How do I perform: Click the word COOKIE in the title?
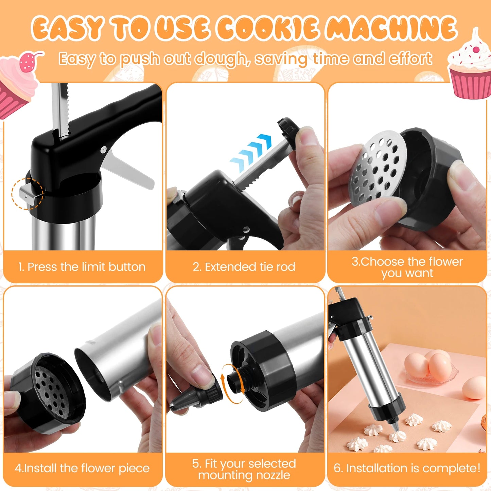click(268, 28)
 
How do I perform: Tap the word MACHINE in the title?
click(391, 28)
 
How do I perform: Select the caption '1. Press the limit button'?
click(82, 267)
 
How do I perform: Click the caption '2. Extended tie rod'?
click(244, 267)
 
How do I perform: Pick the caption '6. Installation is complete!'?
click(407, 468)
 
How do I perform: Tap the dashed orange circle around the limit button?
click(27, 194)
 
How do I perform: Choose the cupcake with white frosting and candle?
click(471, 68)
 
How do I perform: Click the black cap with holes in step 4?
click(48, 391)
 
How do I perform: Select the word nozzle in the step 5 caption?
click(272, 475)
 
